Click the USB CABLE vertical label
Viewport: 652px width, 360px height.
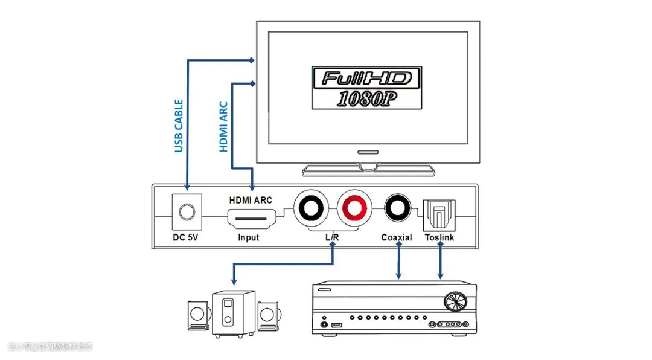[x=179, y=126]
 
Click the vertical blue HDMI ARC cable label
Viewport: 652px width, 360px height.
[x=223, y=126]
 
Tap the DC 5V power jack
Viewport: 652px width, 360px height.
[x=185, y=212]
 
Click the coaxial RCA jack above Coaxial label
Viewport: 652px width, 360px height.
[x=397, y=209]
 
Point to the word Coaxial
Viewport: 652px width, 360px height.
[x=397, y=237]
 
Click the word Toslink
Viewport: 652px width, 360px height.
[x=439, y=237]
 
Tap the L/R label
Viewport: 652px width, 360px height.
[x=332, y=237]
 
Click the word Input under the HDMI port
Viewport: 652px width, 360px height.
[x=248, y=237]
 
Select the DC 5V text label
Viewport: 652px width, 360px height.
[x=185, y=237]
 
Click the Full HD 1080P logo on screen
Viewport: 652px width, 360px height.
[x=366, y=88]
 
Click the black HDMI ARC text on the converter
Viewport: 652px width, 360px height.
[x=251, y=199]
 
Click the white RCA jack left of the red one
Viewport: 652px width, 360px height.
[x=312, y=209]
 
